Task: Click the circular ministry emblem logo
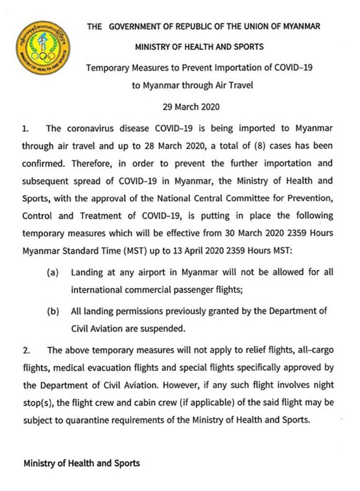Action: pos(41,46)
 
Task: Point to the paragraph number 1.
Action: pos(27,129)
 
